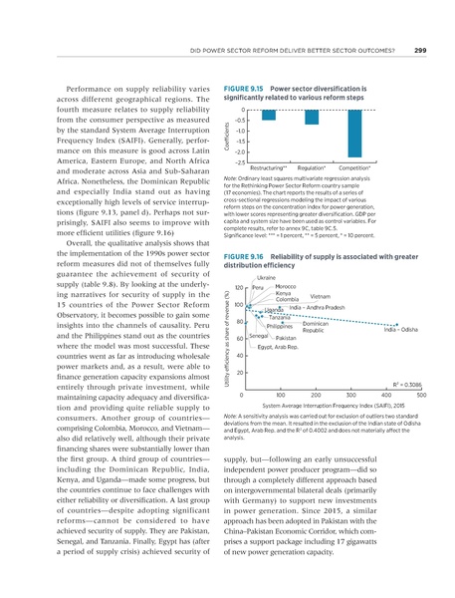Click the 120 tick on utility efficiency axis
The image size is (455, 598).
(x=240, y=287)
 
